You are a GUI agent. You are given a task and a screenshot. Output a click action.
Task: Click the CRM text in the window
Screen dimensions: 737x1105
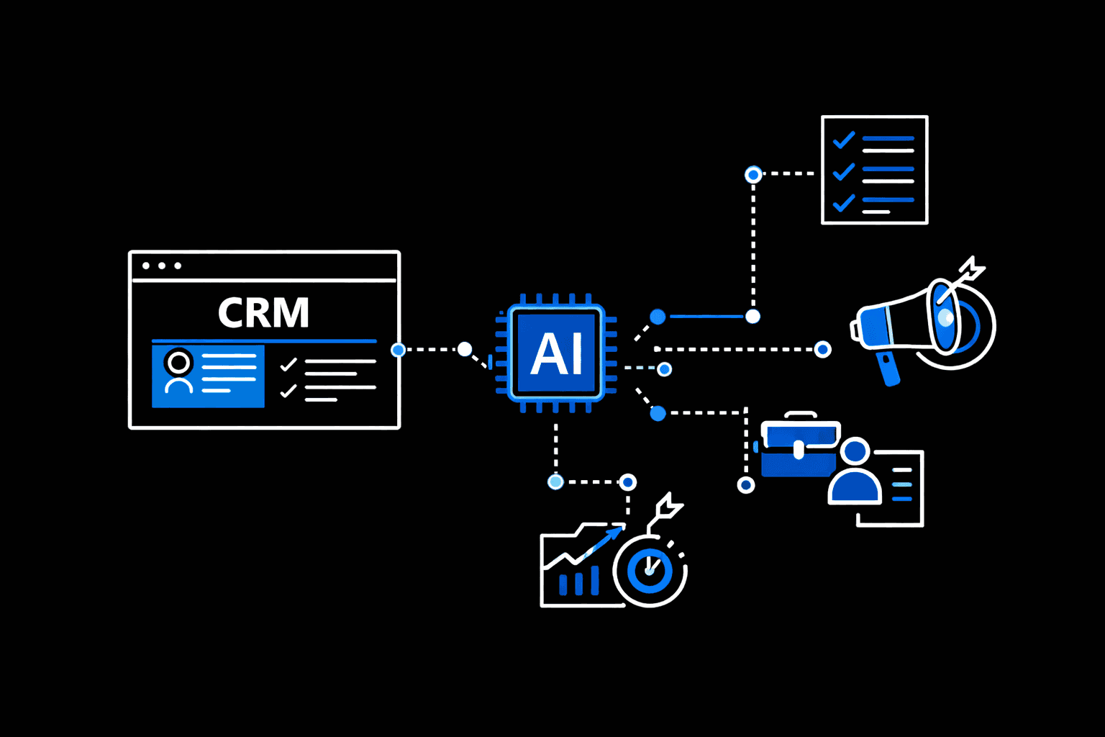point(263,313)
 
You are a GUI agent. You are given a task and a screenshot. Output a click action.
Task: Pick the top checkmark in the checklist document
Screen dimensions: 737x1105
point(843,139)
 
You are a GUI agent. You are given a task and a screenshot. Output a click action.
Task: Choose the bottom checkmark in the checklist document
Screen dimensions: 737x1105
point(843,203)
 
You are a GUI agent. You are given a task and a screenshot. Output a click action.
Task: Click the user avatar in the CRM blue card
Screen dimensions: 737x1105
point(178,371)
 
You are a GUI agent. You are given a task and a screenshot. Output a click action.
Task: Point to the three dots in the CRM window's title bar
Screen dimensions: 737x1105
point(162,266)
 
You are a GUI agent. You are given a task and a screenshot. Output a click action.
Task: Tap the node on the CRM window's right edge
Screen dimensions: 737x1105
point(398,350)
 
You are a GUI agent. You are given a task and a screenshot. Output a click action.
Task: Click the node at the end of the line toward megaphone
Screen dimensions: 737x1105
point(823,350)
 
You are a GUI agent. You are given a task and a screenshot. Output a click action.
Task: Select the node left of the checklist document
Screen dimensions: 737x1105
point(753,174)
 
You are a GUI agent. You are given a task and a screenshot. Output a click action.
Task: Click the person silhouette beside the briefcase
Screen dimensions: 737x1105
point(855,472)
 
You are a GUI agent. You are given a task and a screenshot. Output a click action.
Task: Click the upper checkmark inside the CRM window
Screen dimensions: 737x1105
point(288,364)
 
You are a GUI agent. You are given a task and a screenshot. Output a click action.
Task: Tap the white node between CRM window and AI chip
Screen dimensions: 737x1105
point(465,350)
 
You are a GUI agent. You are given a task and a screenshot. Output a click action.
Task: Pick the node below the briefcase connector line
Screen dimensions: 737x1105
point(746,485)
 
